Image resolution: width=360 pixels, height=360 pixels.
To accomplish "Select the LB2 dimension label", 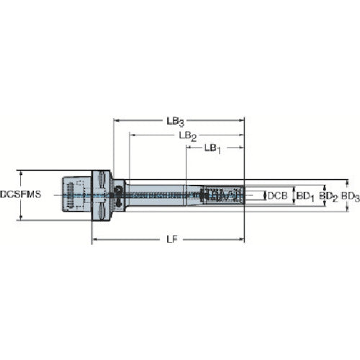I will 188,135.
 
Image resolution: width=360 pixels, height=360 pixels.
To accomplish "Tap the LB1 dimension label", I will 212,148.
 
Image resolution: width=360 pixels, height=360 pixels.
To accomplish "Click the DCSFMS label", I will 20,195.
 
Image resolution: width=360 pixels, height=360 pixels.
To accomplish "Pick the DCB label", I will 279,195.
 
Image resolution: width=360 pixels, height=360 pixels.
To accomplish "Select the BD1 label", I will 305,195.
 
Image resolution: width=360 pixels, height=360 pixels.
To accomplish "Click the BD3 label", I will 349,195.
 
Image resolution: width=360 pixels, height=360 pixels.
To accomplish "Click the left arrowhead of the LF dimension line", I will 94,238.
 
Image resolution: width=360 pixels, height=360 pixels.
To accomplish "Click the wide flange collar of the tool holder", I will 102,194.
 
